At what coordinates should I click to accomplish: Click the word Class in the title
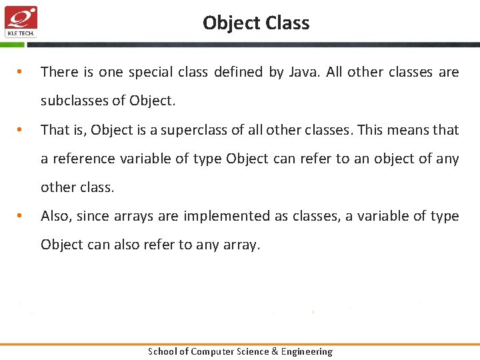pos(287,23)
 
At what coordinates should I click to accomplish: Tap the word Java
pos(305,72)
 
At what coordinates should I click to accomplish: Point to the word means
pos(404,130)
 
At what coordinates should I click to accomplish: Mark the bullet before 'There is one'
pos(21,72)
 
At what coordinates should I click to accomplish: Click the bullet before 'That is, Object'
pos(21,130)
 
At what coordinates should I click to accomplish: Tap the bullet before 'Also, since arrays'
pos(21,216)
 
